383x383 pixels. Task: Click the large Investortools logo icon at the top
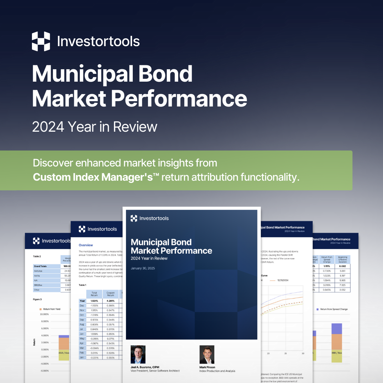(x=41, y=41)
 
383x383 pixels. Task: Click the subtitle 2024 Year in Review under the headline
(x=94, y=127)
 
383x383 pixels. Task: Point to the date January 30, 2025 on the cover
(x=143, y=268)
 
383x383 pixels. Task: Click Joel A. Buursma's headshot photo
(x=138, y=354)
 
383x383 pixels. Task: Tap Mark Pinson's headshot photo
(x=207, y=354)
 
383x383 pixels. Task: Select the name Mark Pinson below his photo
(x=207, y=367)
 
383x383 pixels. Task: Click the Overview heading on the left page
(x=86, y=245)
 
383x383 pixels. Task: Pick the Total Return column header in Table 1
(x=94, y=294)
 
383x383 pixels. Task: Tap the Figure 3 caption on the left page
(x=38, y=299)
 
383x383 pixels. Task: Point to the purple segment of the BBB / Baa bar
(x=337, y=329)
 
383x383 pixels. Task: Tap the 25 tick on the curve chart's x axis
(x=285, y=354)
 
